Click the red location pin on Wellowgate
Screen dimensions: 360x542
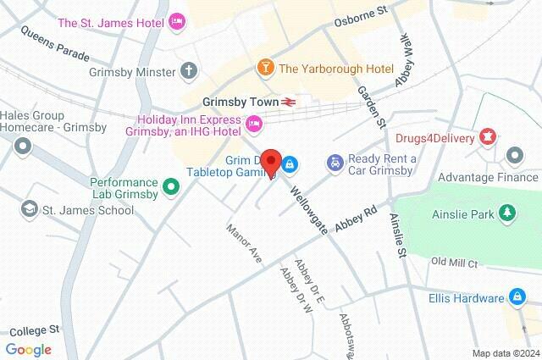[271, 162]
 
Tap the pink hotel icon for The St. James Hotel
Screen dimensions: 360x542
[177, 21]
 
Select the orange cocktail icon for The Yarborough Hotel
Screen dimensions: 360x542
[266, 67]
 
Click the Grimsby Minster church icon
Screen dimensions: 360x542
[188, 71]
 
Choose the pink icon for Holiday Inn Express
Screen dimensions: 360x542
[253, 125]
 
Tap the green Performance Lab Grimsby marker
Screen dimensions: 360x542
[172, 186]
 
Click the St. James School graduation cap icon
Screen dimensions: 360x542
[30, 208]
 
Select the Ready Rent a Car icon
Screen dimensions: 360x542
[335, 161]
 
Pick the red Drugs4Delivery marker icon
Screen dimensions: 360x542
[488, 136]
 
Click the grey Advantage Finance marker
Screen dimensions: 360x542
[514, 156]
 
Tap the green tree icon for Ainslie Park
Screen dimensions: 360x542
[507, 212]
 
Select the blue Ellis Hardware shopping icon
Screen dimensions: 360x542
[516, 297]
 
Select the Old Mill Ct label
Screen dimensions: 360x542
[455, 262]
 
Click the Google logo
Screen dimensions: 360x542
[28, 349]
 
